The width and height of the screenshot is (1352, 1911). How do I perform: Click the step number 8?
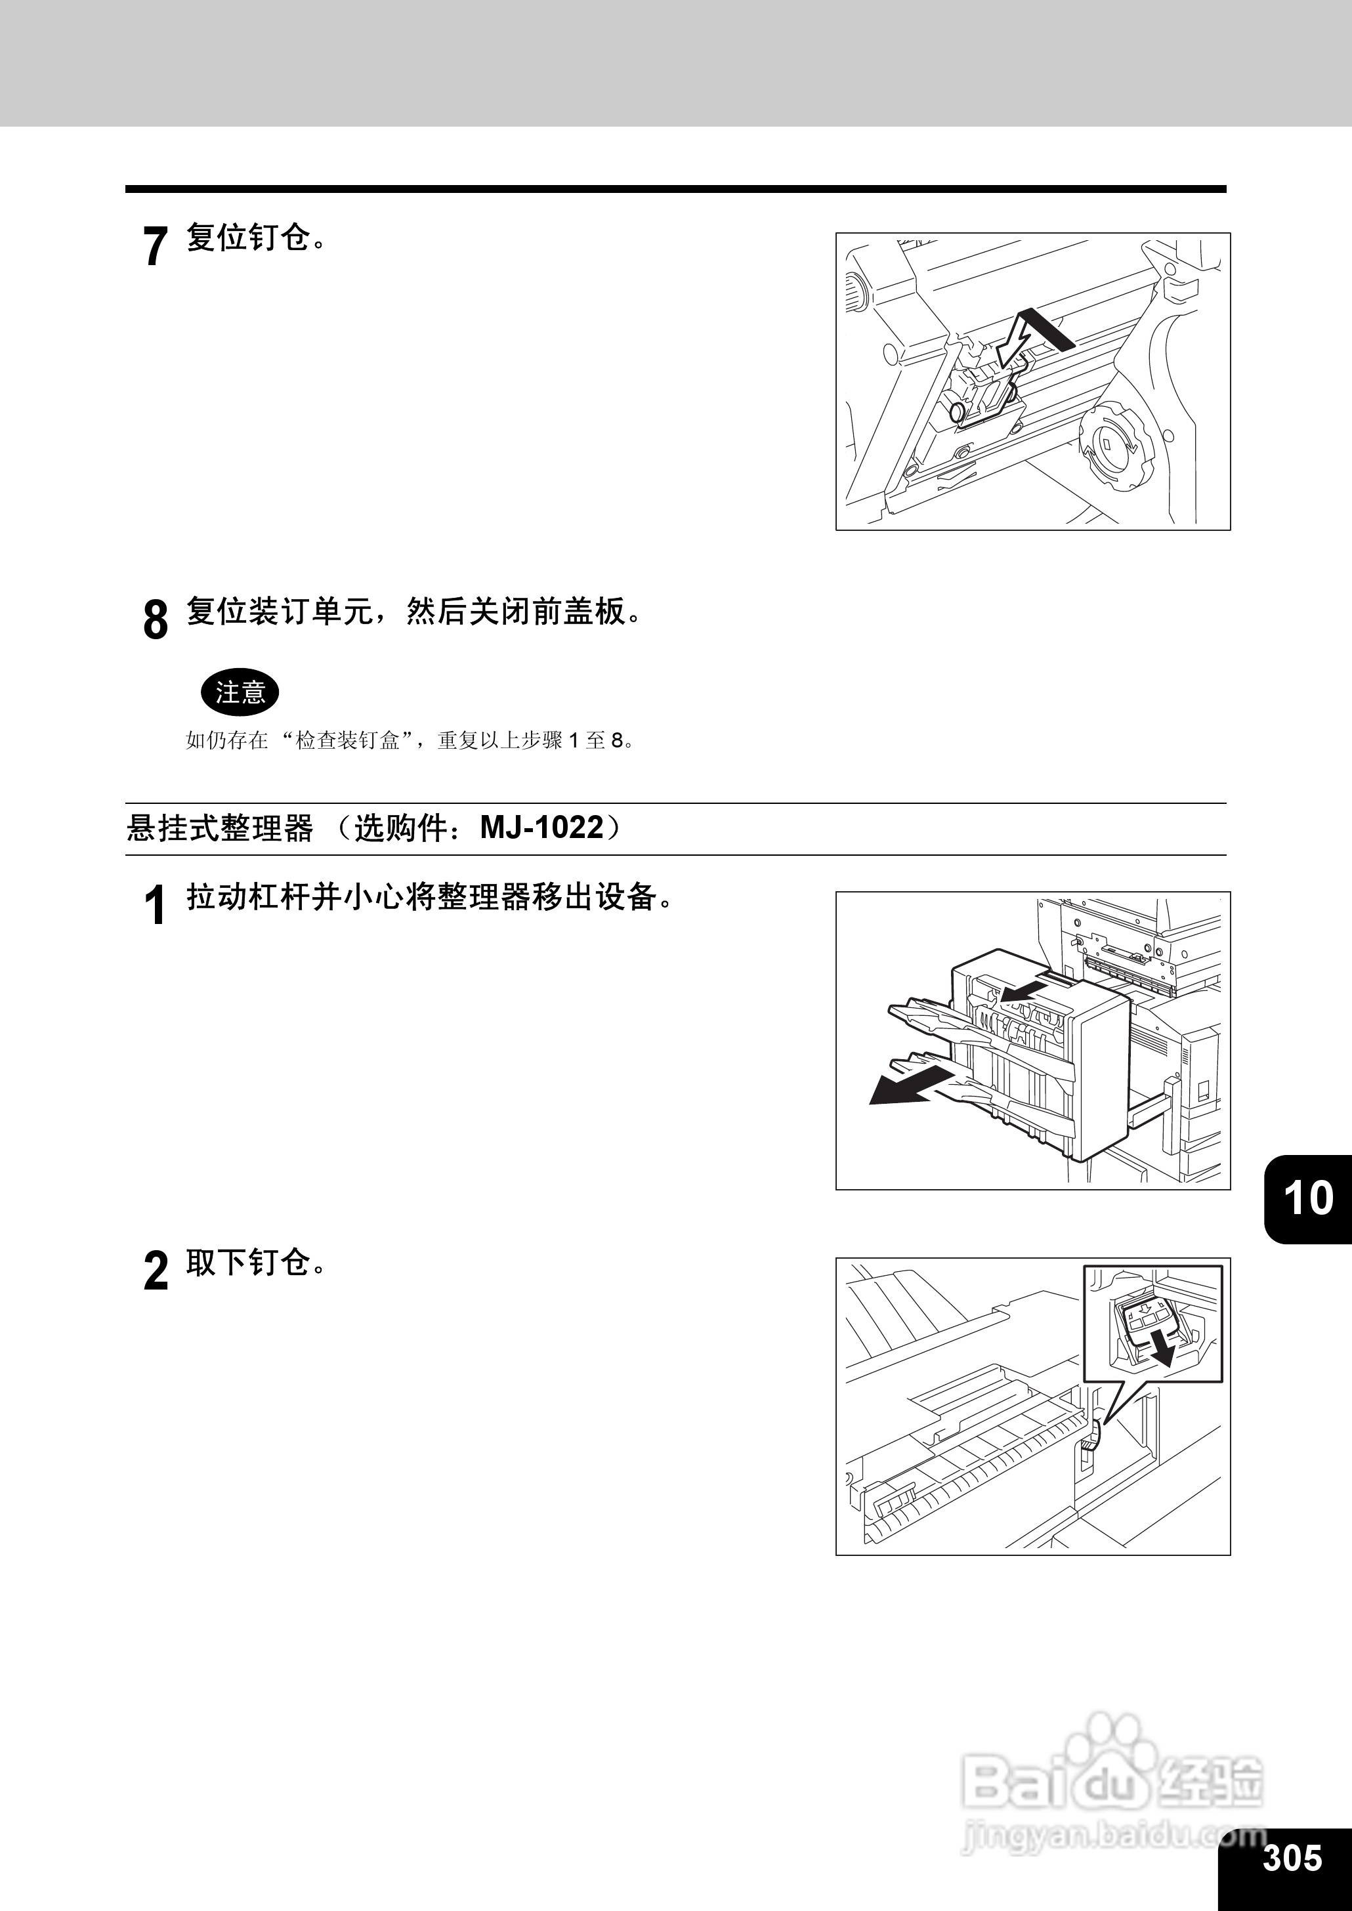(x=155, y=620)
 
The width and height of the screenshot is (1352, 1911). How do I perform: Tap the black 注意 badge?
(x=240, y=692)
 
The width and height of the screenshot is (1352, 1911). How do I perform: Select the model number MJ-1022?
(x=542, y=828)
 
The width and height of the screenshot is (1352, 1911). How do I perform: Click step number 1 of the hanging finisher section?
(x=155, y=905)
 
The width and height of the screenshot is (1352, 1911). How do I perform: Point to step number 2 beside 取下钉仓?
(x=155, y=1271)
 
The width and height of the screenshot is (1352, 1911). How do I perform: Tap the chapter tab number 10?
(x=1309, y=1198)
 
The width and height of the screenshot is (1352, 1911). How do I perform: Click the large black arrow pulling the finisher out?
(x=908, y=1086)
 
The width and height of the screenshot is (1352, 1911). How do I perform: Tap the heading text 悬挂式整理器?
(x=220, y=828)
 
